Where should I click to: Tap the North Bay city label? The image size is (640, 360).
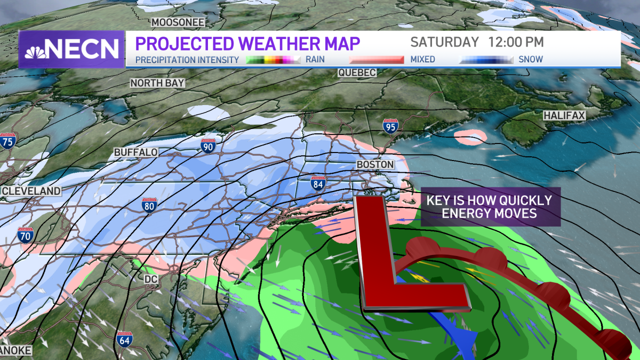pyautogui.click(x=158, y=83)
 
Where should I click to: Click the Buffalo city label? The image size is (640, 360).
pyautogui.click(x=136, y=153)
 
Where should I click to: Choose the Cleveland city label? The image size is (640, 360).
pyautogui.click(x=30, y=191)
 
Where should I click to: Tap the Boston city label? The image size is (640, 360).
pyautogui.click(x=375, y=165)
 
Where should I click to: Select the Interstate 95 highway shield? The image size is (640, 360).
pyautogui.click(x=389, y=126)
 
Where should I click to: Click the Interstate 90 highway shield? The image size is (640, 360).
pyautogui.click(x=208, y=145)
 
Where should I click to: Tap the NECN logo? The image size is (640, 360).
pyautogui.click(x=72, y=49)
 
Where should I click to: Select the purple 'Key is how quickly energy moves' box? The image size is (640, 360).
pyautogui.click(x=490, y=207)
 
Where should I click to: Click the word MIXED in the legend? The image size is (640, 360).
pyautogui.click(x=423, y=59)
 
